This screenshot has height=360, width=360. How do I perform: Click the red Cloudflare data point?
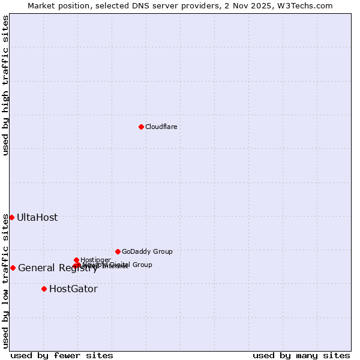[141, 127]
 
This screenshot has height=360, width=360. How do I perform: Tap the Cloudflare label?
[161, 127]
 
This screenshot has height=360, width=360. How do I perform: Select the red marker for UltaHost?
[11, 217]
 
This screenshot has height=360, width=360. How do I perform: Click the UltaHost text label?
[37, 217]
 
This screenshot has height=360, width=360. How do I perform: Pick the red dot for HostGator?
[44, 289]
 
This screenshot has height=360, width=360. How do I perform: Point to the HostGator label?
[73, 289]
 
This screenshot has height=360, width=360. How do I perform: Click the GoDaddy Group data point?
[118, 251]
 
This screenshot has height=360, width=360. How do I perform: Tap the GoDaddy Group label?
[147, 251]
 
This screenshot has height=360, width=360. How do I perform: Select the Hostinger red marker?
[76, 260]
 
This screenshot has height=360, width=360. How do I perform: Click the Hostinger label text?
[95, 260]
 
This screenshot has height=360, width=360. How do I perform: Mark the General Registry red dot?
[13, 268]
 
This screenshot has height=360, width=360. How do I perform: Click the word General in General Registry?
[36, 268]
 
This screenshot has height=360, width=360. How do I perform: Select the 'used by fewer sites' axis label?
[62, 355]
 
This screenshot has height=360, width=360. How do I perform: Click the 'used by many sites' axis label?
[301, 355]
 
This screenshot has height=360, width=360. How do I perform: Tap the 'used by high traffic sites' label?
[5, 85]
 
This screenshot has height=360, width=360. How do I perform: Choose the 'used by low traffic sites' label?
[5, 281]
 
